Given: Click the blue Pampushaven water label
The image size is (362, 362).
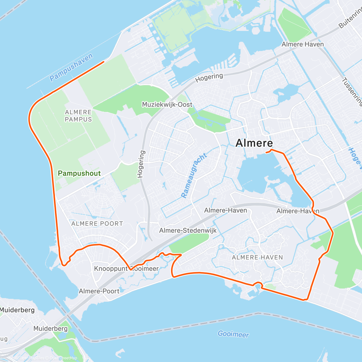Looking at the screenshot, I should [71, 67].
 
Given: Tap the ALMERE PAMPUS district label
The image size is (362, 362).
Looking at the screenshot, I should [78, 116].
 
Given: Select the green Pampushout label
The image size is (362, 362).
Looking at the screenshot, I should [79, 173].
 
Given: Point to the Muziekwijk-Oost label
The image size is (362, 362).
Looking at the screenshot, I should [167, 105].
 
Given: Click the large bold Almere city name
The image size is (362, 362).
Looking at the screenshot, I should [254, 143].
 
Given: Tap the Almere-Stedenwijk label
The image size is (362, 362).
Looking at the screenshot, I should [188, 231].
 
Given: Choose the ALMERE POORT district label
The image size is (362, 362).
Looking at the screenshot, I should [97, 224].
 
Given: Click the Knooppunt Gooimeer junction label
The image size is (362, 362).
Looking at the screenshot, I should [126, 268].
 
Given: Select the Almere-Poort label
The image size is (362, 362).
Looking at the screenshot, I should [99, 291].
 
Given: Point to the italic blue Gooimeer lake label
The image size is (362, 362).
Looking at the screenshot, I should [233, 334].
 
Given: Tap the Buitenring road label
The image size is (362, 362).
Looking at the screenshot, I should [350, 18].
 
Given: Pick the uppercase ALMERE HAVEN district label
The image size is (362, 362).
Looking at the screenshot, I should [257, 257].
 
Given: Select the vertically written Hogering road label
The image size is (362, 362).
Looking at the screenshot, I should [141, 164].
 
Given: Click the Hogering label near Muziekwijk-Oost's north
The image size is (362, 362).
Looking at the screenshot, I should [209, 78].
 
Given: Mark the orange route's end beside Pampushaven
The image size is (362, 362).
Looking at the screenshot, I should [104, 62].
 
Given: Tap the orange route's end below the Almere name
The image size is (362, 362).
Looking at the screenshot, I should [266, 153].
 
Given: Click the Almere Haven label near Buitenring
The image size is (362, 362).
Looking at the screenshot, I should [303, 44].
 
